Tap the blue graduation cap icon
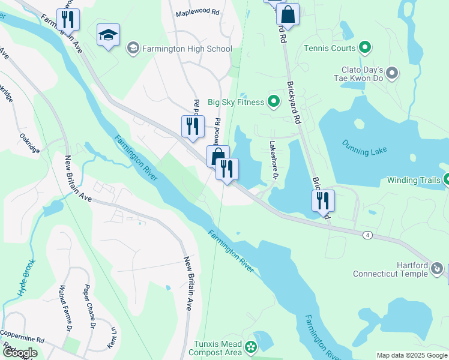(x=108, y=37)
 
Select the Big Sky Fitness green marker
(x=274, y=102)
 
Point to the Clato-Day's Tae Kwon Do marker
(x=392, y=74)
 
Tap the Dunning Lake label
(x=364, y=148)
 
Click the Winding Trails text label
(x=412, y=179)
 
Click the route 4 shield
(x=366, y=234)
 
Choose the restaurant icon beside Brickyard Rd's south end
(x=322, y=201)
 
